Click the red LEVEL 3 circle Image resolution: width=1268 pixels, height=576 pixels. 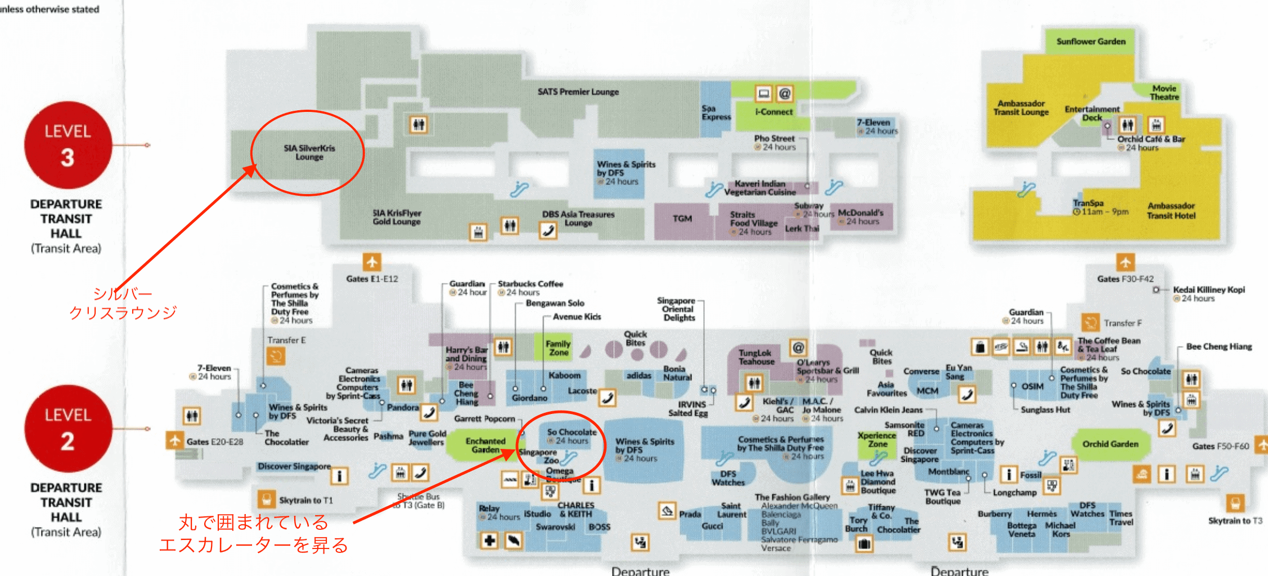[68, 145]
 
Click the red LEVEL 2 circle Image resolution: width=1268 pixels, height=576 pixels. [68, 429]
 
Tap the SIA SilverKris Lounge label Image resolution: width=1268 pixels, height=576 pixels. [309, 152]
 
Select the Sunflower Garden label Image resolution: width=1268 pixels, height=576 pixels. [1091, 42]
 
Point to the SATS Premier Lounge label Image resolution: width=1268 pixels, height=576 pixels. [578, 92]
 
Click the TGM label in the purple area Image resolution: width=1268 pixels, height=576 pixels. [682, 218]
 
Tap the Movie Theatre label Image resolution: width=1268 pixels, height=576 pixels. [1164, 93]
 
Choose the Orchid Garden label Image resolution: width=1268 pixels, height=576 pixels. [1110, 444]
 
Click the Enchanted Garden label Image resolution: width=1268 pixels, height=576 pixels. [485, 445]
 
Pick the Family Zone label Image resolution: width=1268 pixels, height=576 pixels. [558, 348]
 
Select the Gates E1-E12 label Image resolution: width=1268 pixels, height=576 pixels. [372, 279]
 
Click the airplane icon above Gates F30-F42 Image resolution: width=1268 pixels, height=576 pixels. [1125, 262]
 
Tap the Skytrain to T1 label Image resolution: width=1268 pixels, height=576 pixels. [305, 500]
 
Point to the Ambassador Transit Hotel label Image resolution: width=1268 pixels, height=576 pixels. [1171, 210]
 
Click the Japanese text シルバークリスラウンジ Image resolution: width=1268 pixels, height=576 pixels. [123, 303]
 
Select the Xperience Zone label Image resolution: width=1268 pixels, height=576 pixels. [876, 439]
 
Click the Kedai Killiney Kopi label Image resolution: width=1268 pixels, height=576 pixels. [1209, 290]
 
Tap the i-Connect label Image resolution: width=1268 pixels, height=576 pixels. [774, 112]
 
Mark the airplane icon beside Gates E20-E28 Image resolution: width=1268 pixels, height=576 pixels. [174, 440]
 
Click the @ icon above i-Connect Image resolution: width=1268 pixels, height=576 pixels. [784, 93]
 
